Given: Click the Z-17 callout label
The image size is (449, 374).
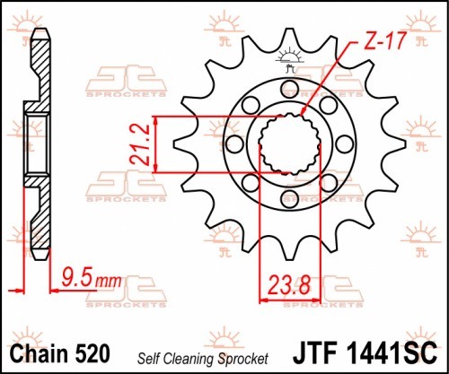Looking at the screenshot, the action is (x=386, y=40).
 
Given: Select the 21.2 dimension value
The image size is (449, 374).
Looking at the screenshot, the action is (x=140, y=144).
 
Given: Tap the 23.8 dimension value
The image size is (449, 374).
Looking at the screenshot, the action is (x=289, y=285).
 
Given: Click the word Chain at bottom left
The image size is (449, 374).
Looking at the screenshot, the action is (x=40, y=353).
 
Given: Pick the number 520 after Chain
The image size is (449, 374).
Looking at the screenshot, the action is (x=92, y=353).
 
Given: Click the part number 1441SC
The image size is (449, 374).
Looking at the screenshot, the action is (x=392, y=353).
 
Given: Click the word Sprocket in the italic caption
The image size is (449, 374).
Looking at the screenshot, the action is (x=243, y=360).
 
